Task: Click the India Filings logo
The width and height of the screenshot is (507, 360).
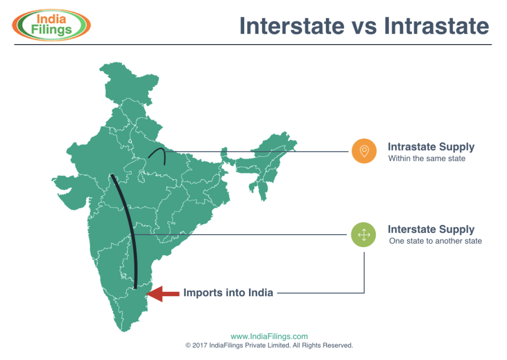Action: [51, 25]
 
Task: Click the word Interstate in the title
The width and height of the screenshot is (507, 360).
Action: [292, 26]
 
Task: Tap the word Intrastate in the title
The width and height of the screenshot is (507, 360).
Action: [437, 26]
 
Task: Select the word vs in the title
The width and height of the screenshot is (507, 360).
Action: [364, 28]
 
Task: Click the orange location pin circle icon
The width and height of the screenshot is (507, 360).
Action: [364, 151]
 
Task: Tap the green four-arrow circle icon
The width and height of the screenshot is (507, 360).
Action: [363, 235]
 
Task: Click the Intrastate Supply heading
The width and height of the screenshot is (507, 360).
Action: [431, 147]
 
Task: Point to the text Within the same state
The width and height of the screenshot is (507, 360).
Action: [427, 158]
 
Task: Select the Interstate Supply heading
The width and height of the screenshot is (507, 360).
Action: [431, 229]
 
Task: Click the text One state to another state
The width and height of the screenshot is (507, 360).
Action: [436, 241]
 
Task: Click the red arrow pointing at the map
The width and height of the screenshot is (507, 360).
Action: [162, 294]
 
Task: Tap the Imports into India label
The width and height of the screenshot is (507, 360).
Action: [228, 293]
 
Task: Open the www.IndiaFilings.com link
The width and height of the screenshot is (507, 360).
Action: [269, 336]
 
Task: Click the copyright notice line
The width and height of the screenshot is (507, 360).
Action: [269, 346]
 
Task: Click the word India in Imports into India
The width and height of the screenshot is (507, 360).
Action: [260, 293]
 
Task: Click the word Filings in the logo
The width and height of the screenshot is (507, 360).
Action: [51, 30]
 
